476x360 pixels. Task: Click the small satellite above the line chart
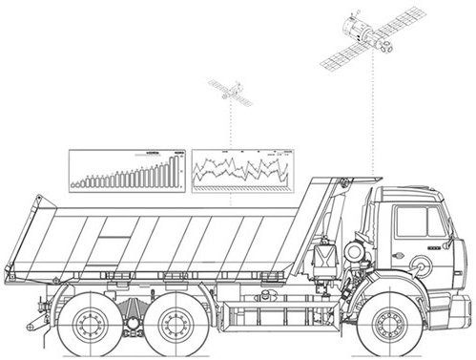point(229,92)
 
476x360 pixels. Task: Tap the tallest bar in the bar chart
point(175,170)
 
